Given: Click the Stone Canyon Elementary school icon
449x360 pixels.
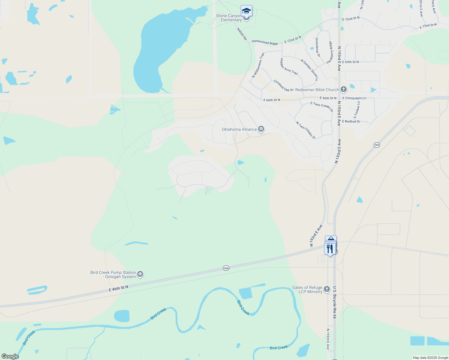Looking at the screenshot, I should tap(246, 11).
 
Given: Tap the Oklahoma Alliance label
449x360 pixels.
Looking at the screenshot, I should tap(239, 130).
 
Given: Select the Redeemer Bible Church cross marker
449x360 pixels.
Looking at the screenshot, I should tap(344, 89).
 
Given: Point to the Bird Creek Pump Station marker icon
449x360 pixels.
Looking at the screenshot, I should tap(140, 274).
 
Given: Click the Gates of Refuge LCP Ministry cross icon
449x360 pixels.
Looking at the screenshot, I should tap(327, 289).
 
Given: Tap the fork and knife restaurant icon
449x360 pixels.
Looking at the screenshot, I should tap(330, 249).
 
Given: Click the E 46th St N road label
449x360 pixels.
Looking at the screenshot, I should tap(118, 288).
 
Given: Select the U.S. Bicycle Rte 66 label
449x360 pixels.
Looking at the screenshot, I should tap(335, 302).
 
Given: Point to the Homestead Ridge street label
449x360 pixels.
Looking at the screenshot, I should tap(265, 42).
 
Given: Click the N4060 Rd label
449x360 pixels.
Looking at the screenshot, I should tap(242, 34).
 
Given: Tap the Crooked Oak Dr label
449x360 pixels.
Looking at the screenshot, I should tap(283, 86).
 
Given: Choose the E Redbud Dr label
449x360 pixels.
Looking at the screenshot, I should tap(351, 121).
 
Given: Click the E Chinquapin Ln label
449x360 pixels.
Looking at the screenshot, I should tap(354, 98).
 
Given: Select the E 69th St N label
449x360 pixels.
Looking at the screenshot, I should tap(350, 62).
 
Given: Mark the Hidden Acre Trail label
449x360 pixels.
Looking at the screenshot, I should tap(289, 67).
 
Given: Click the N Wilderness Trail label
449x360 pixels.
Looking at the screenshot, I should tap(258, 65).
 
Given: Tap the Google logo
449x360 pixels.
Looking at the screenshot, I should tap(10, 356).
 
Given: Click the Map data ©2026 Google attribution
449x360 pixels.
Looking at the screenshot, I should tap(430, 358).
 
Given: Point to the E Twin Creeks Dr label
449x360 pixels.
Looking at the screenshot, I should tap(322, 106).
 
